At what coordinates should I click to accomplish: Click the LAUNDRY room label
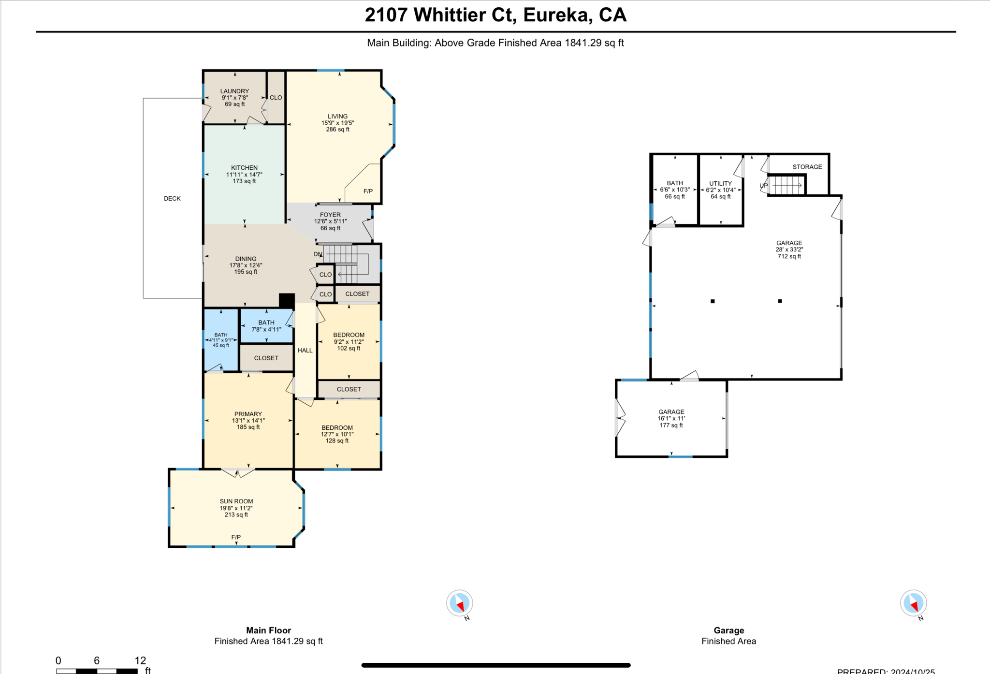click(234, 91)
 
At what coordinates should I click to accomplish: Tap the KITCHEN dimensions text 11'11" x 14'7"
click(244, 175)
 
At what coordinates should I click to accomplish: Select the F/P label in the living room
click(368, 191)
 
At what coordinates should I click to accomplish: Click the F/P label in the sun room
click(236, 537)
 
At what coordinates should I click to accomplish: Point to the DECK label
click(172, 198)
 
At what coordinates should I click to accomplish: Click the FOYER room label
click(330, 215)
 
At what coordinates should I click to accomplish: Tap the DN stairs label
click(318, 254)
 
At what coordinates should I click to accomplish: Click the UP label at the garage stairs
click(763, 186)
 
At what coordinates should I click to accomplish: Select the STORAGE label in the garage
click(807, 167)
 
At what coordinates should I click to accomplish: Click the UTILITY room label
click(720, 183)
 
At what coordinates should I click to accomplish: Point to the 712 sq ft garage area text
click(789, 256)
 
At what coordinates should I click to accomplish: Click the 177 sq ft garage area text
click(671, 425)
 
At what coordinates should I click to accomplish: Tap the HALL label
click(305, 350)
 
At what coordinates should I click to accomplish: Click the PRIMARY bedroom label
click(248, 414)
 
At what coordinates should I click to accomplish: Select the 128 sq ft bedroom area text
click(337, 440)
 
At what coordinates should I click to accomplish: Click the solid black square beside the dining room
click(287, 300)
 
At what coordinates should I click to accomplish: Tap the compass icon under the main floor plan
click(459, 603)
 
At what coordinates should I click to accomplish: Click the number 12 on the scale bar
click(140, 660)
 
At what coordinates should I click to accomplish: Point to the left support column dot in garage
click(713, 301)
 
